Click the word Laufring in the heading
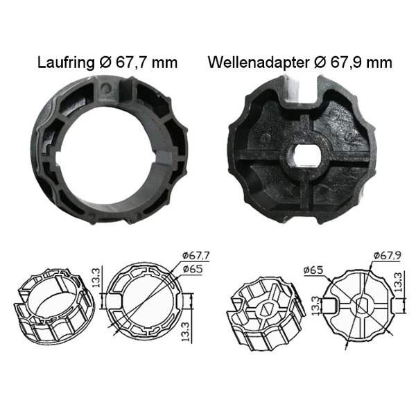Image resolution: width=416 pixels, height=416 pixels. [66, 62]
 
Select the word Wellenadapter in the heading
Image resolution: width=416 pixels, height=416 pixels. [259, 62]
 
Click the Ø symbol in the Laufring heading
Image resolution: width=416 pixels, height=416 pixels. [105, 62]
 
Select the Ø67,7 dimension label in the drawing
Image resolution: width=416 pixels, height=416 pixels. [196, 255]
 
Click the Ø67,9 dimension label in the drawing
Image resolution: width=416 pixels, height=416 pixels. [387, 255]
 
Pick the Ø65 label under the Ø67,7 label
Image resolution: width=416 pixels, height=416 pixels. [193, 269]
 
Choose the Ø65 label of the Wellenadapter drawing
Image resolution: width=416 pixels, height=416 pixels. [313, 270]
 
